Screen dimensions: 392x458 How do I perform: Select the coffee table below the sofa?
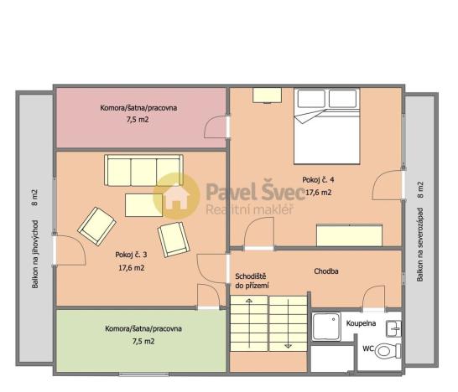(143, 204)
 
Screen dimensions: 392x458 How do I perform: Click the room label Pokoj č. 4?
(319, 179)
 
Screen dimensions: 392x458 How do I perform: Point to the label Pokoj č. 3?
(132, 255)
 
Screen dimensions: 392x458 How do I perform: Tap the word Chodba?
(326, 271)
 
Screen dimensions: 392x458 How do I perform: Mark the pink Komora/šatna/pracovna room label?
(138, 108)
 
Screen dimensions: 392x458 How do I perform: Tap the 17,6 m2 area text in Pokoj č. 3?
(132, 268)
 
